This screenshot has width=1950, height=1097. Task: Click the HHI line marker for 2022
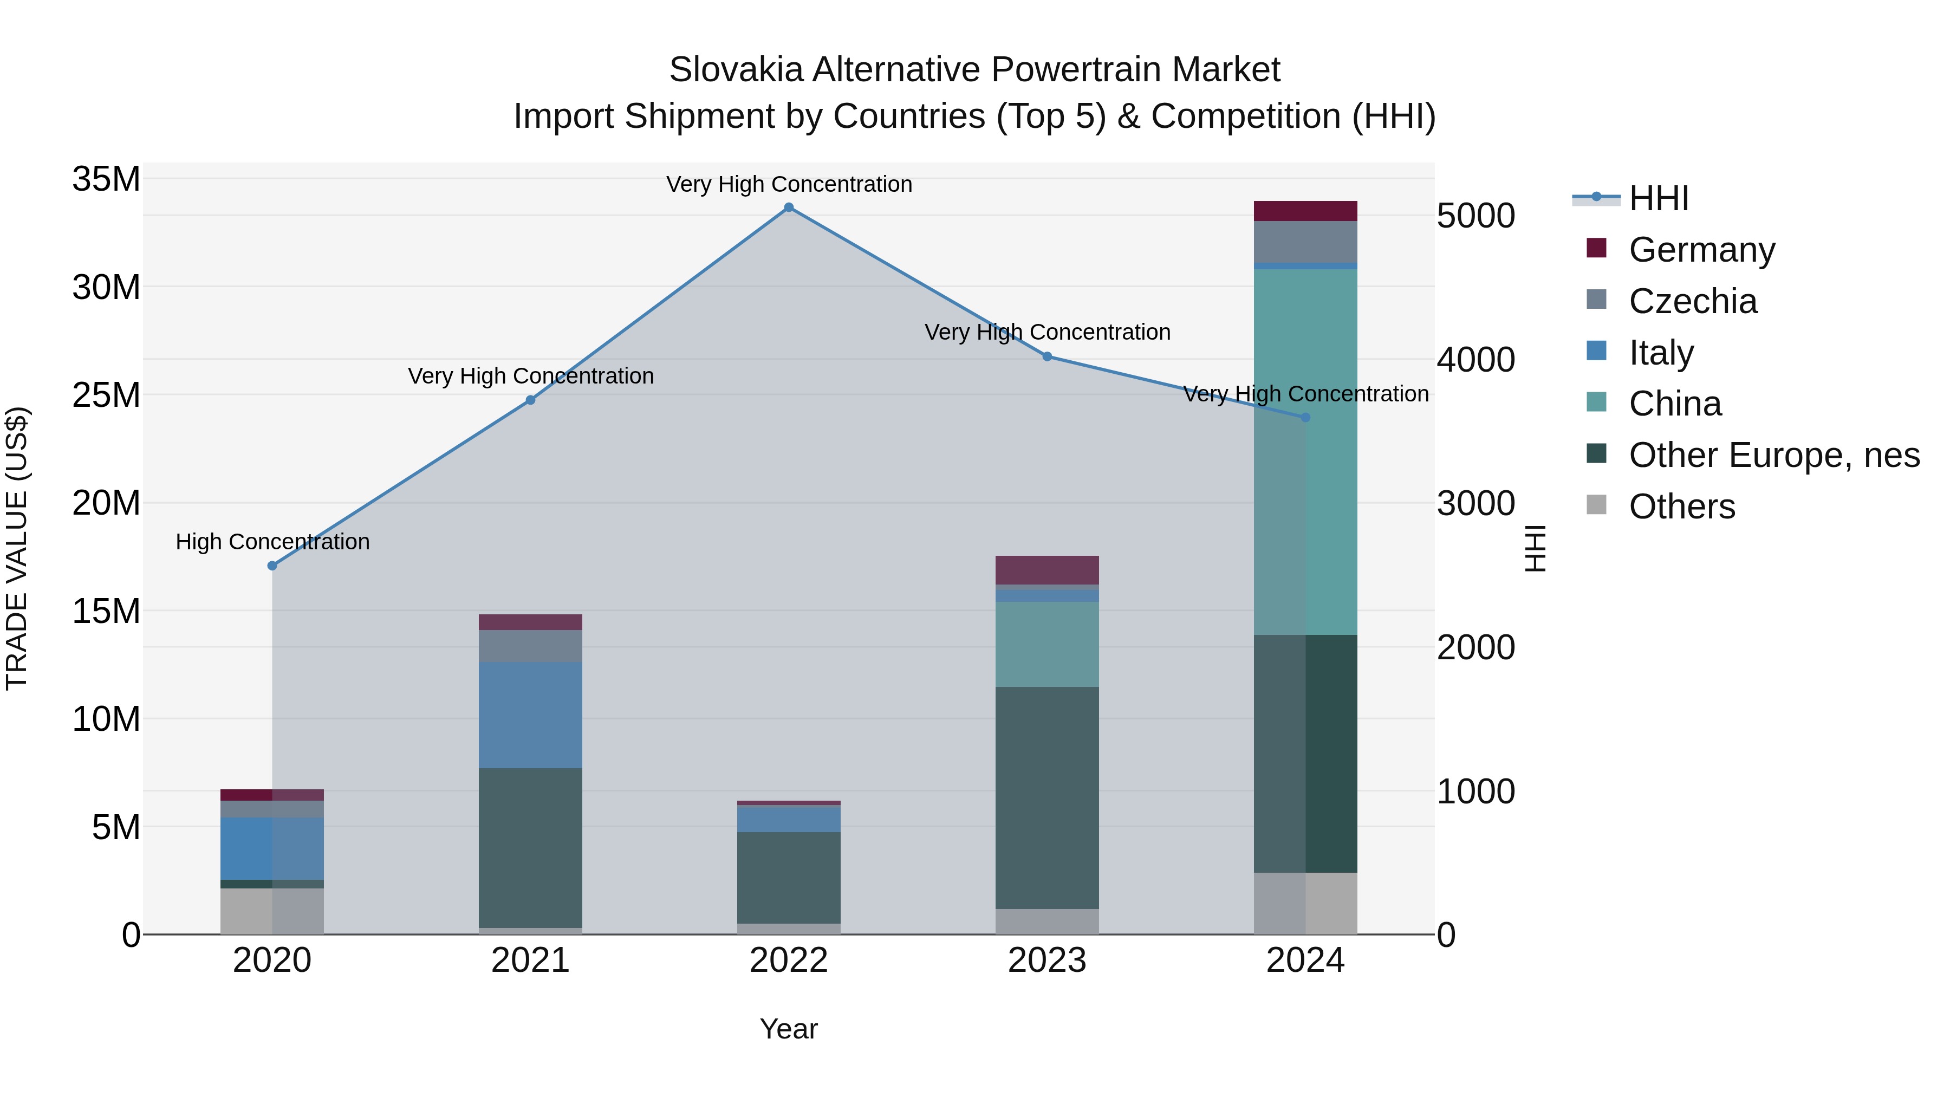pos(789,207)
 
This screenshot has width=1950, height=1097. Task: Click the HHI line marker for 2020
pos(272,566)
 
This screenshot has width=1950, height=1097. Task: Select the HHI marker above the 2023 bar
pos(1047,356)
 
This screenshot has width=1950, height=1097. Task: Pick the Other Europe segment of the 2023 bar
pos(1047,797)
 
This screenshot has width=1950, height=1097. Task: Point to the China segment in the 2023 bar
pos(1047,644)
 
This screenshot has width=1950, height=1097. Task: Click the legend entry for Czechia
pos(1693,301)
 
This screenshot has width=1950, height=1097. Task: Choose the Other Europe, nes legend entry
pos(1773,455)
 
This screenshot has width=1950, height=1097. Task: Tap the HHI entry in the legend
pos(1659,198)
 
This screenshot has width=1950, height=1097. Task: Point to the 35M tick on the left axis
pos(106,179)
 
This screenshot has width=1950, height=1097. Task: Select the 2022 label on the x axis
pos(789,960)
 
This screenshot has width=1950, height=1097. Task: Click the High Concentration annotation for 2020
pos(272,542)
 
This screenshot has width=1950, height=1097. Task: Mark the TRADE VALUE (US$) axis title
pos(17,548)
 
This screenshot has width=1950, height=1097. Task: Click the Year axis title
pos(789,1029)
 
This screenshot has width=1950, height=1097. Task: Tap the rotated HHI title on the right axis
pos(1535,548)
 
